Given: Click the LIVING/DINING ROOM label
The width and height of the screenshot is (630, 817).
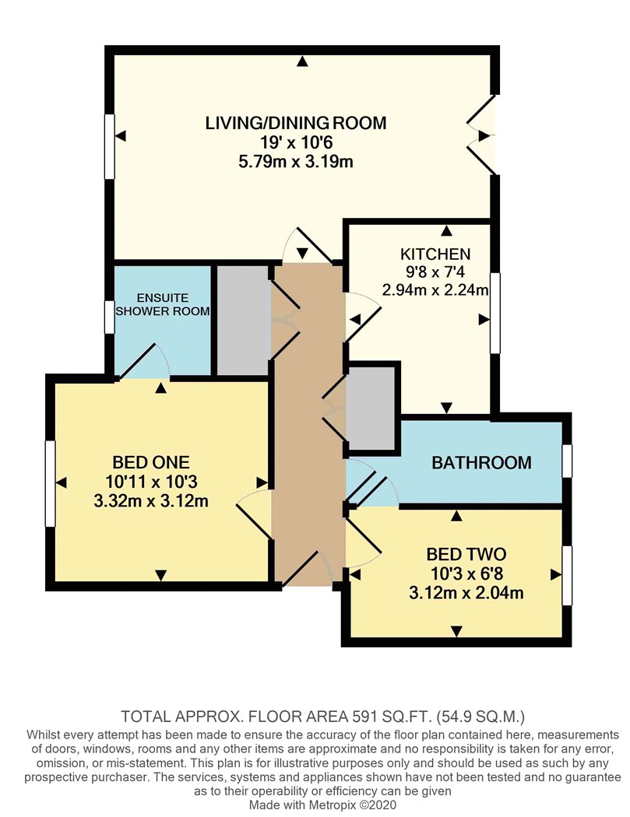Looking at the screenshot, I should [295, 123].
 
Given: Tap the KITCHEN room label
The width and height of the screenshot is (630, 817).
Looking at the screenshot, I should [435, 254].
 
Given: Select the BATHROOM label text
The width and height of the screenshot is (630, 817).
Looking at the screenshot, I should [481, 463].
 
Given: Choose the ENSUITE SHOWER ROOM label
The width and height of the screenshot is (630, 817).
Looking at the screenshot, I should [163, 305].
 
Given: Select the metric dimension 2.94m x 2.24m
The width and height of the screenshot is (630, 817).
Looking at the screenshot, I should [435, 292].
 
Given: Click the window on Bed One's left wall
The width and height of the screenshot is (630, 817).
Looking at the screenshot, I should [50, 483].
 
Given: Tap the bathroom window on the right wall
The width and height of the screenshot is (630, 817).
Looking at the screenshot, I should [567, 461].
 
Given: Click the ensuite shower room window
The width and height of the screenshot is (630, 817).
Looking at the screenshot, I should [110, 317].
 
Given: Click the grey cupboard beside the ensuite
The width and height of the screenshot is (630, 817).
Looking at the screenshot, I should [242, 321].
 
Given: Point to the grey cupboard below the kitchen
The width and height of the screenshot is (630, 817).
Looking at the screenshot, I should [371, 407].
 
